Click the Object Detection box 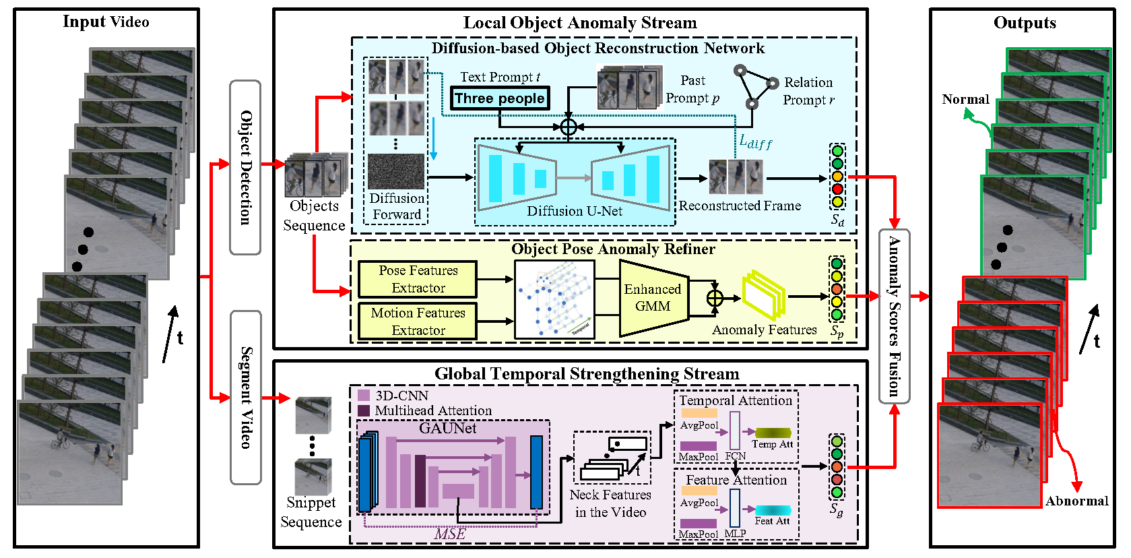coord(245,167)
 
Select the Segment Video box coord(245,398)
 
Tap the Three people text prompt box coord(499,98)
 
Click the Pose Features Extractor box coord(418,279)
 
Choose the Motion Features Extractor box coord(418,321)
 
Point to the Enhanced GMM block coord(653,297)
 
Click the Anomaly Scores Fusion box coord(894,316)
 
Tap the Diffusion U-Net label coord(574,211)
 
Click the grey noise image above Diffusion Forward coord(396,171)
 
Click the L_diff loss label coord(755,142)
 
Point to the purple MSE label coord(450,534)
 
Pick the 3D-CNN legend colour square coord(364,396)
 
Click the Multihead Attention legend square coord(364,410)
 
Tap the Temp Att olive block coord(773,433)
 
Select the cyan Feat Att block coord(773,510)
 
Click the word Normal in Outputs coord(965,100)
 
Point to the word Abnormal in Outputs coord(1076,501)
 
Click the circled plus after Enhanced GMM coord(715,298)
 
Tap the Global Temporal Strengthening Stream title coord(586,374)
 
